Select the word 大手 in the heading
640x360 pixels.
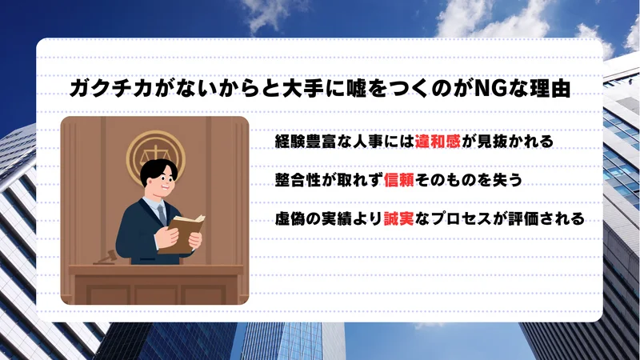294,88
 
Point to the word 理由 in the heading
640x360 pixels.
553,88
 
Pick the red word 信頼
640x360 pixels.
401,181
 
